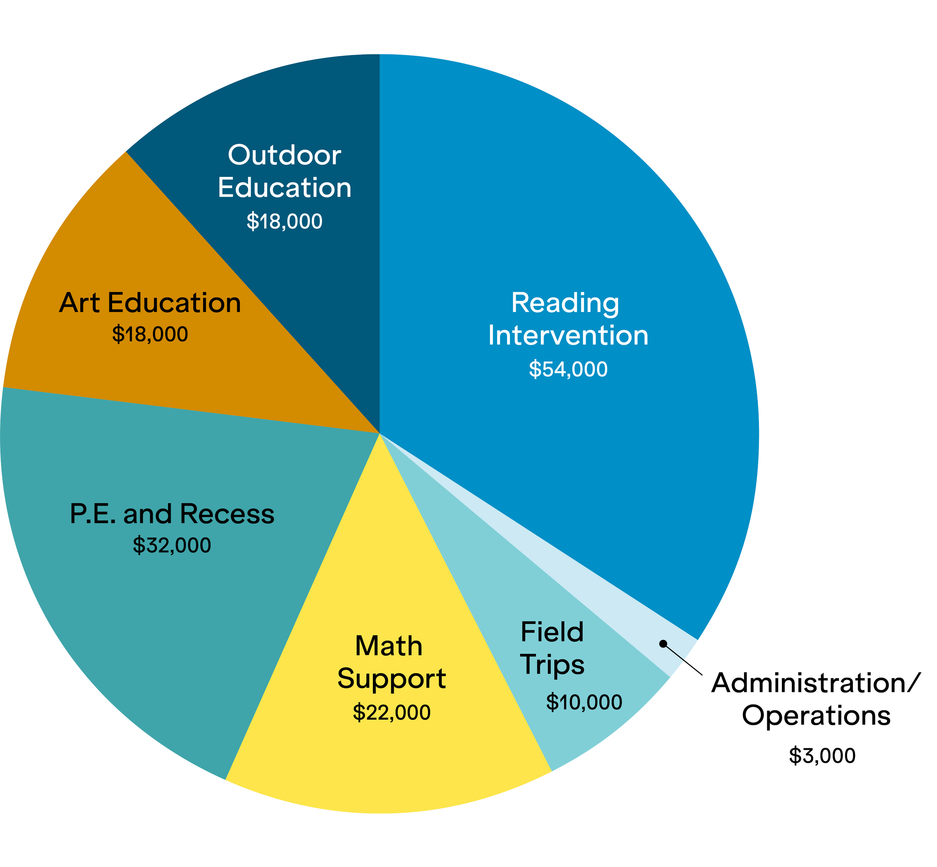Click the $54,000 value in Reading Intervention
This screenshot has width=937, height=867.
click(x=568, y=369)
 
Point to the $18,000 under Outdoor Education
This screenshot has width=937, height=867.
click(x=284, y=221)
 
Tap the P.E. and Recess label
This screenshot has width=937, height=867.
click(x=172, y=514)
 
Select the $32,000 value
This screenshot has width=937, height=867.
click(x=172, y=545)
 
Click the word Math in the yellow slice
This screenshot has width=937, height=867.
click(x=389, y=646)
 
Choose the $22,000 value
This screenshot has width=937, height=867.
click(x=391, y=712)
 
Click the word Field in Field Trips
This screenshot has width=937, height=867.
click(x=552, y=632)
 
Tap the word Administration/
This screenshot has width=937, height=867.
click(x=813, y=683)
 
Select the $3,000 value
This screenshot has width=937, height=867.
click(x=822, y=756)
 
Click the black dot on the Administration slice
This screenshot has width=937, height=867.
click(x=663, y=644)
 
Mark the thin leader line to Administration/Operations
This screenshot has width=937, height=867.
click(x=683, y=659)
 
